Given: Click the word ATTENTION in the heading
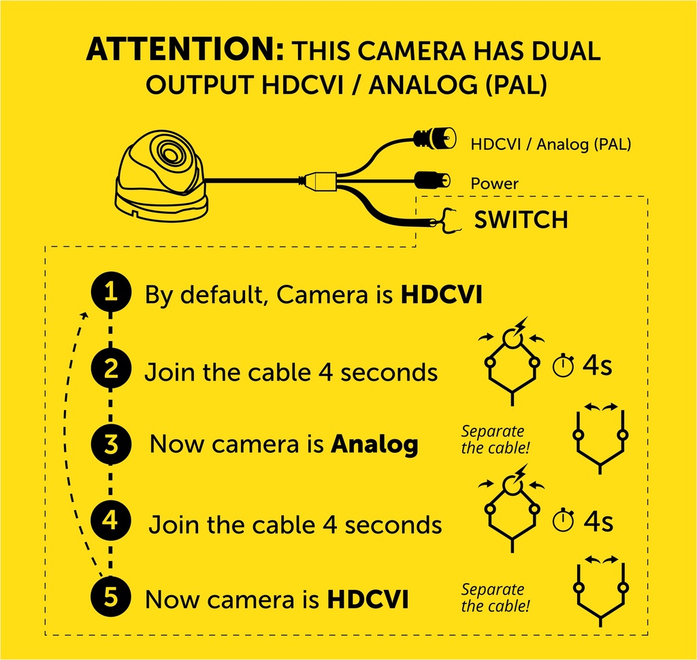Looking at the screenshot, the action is (x=184, y=49).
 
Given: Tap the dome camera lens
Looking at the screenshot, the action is (x=170, y=153).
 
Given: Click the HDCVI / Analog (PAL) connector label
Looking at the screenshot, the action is (x=551, y=144).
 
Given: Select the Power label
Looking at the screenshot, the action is (x=494, y=183).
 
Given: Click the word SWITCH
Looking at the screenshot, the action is (x=521, y=220).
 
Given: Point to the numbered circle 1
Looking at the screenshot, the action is (x=111, y=292).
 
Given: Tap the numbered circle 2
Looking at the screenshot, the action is (x=111, y=368).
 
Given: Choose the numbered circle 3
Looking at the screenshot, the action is (x=111, y=444).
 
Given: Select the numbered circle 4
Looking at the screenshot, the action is (x=111, y=520).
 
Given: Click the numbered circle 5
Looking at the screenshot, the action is (x=111, y=597).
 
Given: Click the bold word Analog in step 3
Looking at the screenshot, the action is (x=374, y=445).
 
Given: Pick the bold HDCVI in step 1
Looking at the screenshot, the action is (x=441, y=294).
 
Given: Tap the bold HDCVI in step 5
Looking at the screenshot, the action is (x=368, y=599).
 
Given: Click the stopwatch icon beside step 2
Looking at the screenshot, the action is (x=563, y=366).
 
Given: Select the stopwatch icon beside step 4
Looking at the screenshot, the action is (x=563, y=520).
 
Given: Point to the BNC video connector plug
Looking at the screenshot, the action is (x=435, y=138).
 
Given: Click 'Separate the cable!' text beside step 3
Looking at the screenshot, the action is (x=496, y=439).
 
